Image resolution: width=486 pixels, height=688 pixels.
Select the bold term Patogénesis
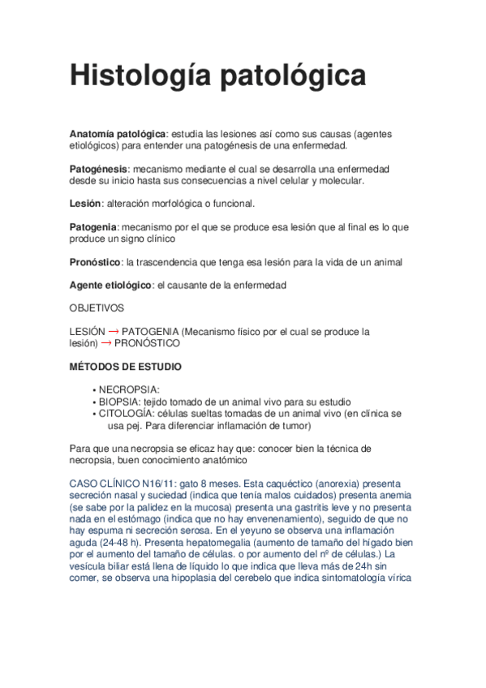click(x=97, y=168)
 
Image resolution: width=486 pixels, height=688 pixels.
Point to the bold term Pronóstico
click(x=95, y=262)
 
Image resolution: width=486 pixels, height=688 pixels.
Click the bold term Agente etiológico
click(x=110, y=285)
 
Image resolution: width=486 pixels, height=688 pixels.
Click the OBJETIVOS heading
click(x=97, y=308)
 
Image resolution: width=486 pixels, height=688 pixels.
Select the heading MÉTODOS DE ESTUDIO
click(x=126, y=367)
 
